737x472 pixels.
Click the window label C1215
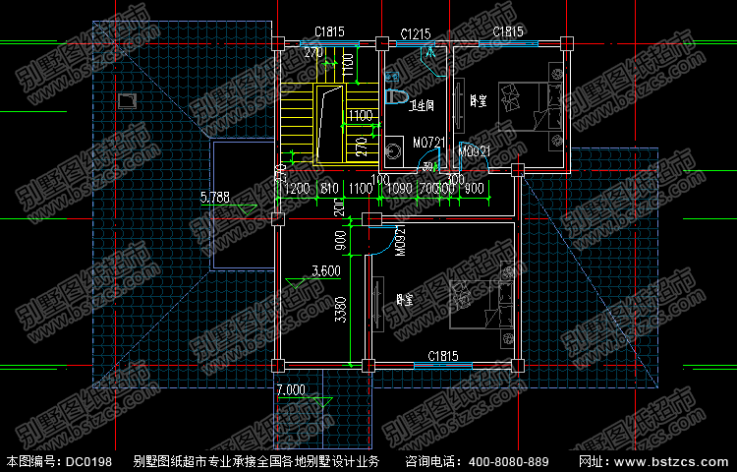(x=416, y=34)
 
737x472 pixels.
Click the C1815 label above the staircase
(x=330, y=32)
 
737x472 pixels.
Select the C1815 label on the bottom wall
(x=445, y=355)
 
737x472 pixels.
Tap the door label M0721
(x=429, y=144)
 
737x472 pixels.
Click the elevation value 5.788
(x=214, y=198)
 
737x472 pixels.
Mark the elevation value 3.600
(x=325, y=271)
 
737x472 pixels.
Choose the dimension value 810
(x=330, y=188)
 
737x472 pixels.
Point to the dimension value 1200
(x=299, y=188)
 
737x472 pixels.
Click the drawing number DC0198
(x=89, y=461)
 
